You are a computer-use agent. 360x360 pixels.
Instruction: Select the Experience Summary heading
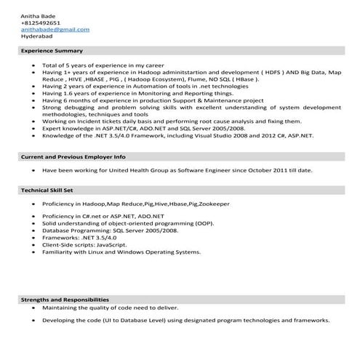pos(52,51)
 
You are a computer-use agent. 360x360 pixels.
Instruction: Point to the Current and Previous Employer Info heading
pos(73,156)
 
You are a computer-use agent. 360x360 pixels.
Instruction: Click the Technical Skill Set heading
pos(48,190)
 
